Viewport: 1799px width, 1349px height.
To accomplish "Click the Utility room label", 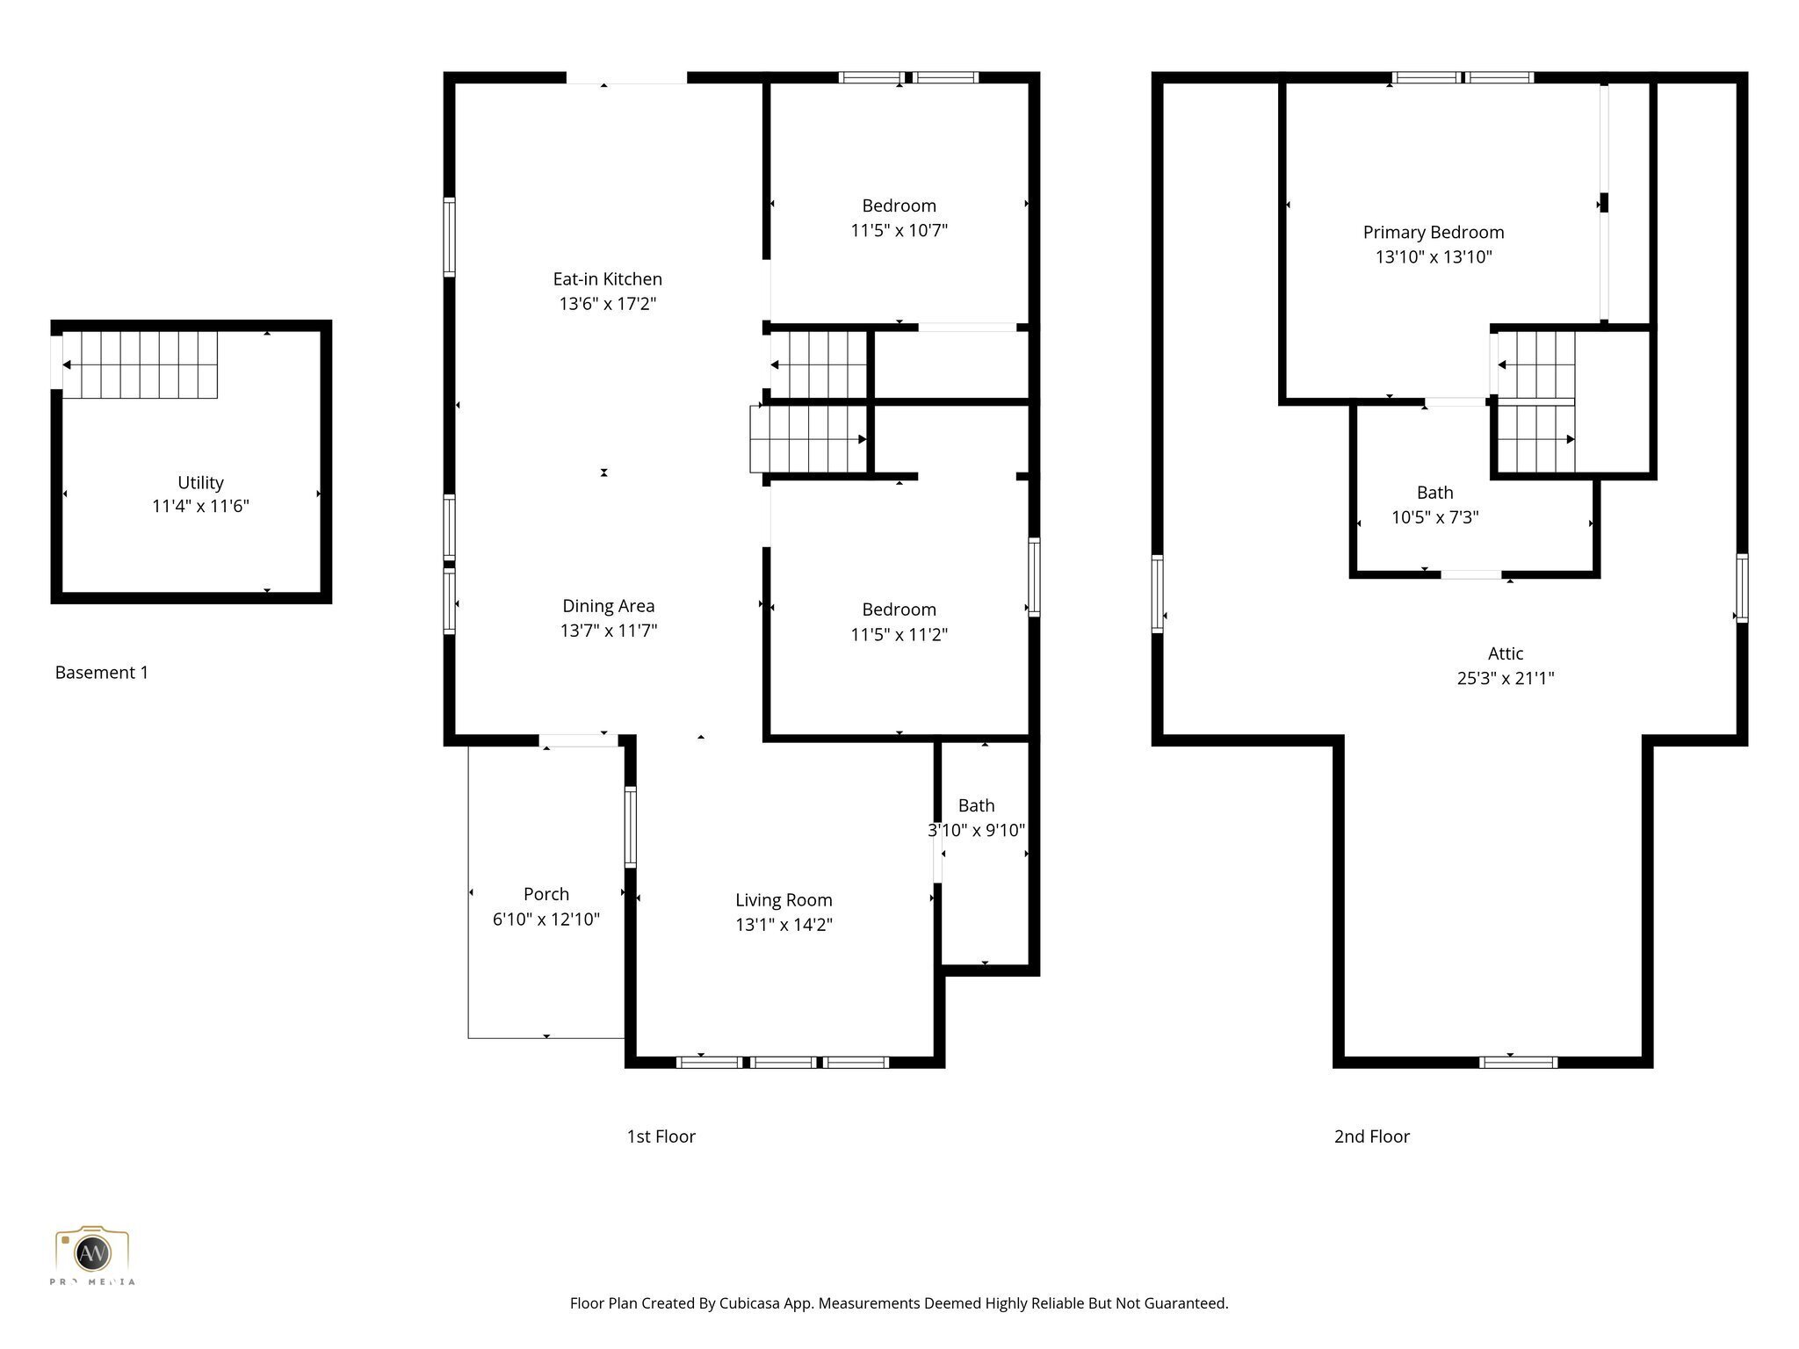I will (200, 482).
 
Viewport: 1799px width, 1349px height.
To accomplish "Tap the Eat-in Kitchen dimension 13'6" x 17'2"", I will (608, 304).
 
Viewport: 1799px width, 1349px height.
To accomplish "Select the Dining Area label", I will (608, 606).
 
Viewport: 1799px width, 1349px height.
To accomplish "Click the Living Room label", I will (784, 900).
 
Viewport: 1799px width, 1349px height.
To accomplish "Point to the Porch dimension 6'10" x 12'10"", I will (545, 920).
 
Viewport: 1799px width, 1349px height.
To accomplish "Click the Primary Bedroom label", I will (1433, 233).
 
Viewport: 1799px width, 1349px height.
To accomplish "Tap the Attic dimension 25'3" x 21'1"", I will (1505, 678).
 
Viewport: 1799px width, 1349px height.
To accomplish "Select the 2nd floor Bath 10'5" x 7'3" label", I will (1434, 493).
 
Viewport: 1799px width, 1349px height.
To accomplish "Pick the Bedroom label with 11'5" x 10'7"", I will (899, 206).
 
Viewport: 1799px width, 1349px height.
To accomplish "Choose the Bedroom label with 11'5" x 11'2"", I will (899, 610).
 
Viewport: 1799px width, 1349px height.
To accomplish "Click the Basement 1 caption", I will (102, 673).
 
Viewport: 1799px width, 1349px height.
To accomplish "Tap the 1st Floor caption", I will (661, 1136).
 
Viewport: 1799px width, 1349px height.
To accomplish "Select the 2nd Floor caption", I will (1371, 1136).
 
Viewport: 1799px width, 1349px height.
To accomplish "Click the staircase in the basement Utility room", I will (141, 364).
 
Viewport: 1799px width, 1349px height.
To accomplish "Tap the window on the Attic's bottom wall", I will (1518, 1063).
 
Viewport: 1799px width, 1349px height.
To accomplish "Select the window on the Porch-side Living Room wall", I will (630, 827).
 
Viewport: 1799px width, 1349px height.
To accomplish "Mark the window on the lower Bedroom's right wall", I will (1034, 577).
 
